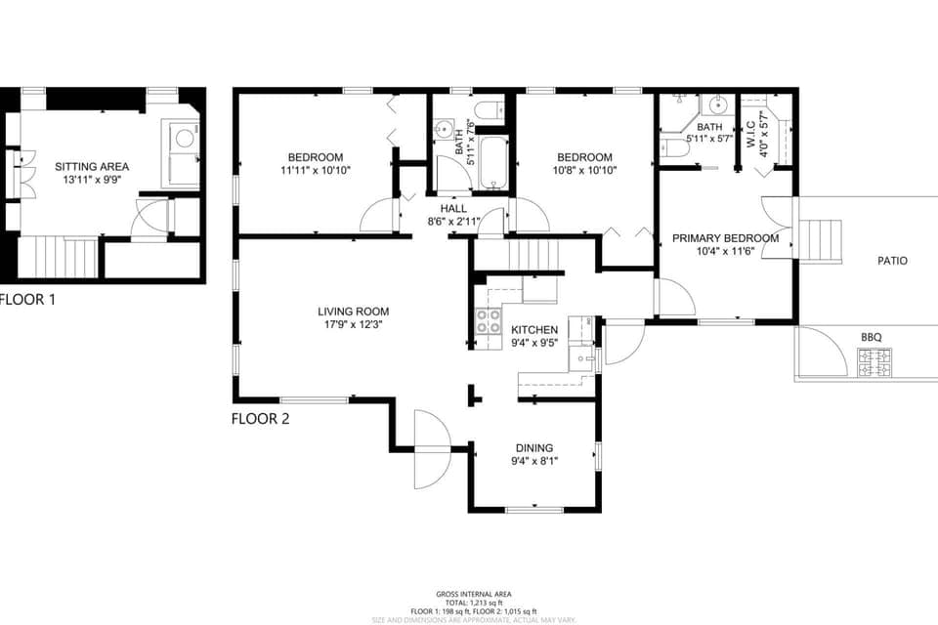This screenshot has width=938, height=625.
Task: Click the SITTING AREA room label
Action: click(92, 167)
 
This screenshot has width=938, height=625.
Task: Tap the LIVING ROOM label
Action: click(354, 312)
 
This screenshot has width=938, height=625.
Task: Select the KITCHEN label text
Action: click(534, 330)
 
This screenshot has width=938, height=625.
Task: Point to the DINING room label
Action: click(534, 447)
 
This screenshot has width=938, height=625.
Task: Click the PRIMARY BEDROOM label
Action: click(725, 238)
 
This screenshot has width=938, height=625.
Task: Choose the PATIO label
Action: click(892, 261)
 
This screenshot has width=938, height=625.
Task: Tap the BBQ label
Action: click(872, 337)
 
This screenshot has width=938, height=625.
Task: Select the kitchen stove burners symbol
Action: click(488, 321)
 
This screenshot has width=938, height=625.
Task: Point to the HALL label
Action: click(453, 209)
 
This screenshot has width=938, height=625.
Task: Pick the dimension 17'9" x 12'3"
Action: click(354, 324)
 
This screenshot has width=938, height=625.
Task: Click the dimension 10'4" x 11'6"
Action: click(725, 251)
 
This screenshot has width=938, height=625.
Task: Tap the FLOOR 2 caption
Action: click(260, 419)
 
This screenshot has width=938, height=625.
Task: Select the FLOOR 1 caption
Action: click(26, 300)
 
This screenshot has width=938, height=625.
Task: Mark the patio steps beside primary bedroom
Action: click(820, 241)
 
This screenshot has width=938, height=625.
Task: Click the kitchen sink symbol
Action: click(583, 360)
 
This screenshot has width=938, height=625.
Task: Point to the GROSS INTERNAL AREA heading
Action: click(473, 594)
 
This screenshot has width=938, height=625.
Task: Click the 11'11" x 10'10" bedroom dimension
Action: click(315, 170)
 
